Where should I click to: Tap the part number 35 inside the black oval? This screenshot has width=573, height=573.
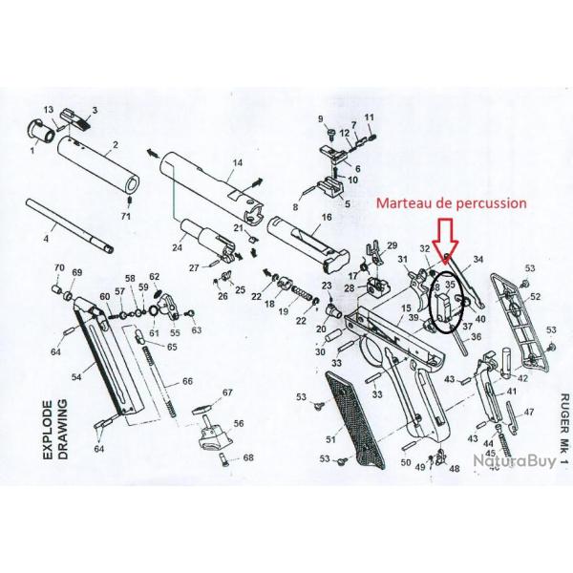point(449,285)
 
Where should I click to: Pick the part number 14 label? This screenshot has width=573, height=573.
point(237,163)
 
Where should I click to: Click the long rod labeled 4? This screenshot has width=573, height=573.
point(72,227)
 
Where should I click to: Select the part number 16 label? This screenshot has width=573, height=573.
point(326,218)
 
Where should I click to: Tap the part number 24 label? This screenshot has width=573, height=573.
point(177,247)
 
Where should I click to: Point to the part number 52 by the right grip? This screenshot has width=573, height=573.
point(535,297)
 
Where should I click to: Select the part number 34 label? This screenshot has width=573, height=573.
point(478,259)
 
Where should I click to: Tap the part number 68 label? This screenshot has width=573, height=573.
point(248,458)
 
